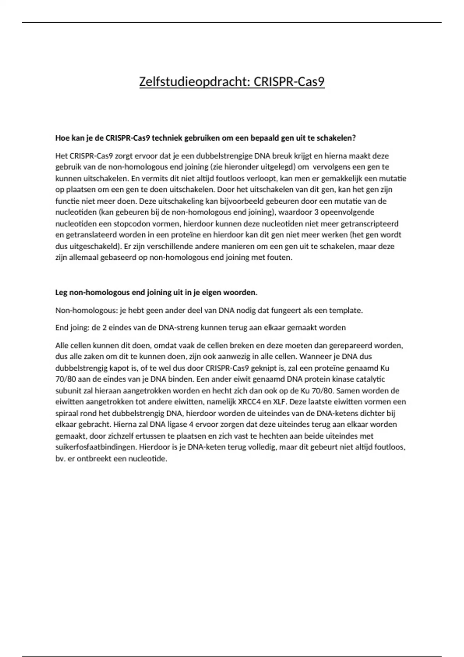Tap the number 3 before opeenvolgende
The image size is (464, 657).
pyautogui.click(x=317, y=212)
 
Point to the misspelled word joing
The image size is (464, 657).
pyautogui.click(x=79, y=328)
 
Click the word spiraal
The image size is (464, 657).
pyautogui.click(x=67, y=413)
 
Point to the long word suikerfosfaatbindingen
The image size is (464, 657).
pyautogui.click(x=95, y=447)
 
